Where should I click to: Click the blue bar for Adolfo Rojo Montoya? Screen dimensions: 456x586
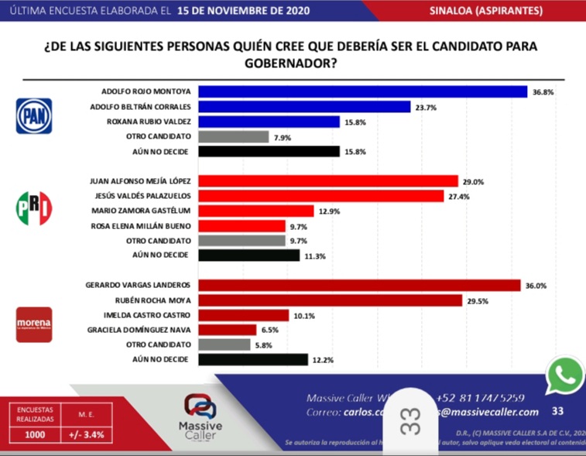click(363, 91)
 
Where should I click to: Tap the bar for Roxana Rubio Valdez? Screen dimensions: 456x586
click(269, 122)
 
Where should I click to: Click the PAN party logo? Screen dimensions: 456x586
click(34, 116)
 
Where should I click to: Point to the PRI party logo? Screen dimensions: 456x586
click(34, 208)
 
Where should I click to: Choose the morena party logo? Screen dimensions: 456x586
click(34, 324)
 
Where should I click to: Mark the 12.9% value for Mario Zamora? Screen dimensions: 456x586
click(329, 211)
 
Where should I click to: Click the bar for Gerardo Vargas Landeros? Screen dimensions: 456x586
click(359, 285)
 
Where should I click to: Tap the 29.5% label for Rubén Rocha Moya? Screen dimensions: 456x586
click(477, 300)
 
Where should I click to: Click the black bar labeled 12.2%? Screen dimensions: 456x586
click(253, 358)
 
